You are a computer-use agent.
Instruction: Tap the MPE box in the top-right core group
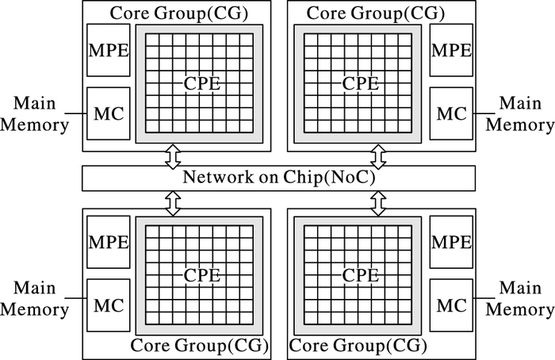pyautogui.click(x=451, y=50)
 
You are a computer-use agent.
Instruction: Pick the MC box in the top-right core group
pyautogui.click(x=451, y=113)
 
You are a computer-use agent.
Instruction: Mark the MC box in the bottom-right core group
pyautogui.click(x=451, y=304)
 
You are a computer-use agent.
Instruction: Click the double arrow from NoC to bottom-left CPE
pyautogui.click(x=172, y=201)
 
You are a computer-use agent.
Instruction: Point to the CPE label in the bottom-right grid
pyautogui.click(x=360, y=275)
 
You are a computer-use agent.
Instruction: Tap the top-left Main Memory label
pyautogui.click(x=36, y=113)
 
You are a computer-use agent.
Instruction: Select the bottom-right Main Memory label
pyautogui.click(x=519, y=298)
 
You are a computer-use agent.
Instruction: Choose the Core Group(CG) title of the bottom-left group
pyautogui.click(x=199, y=347)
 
